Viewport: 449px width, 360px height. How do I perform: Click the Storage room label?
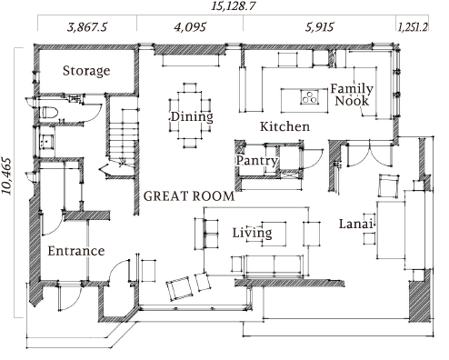pyautogui.click(x=86, y=71)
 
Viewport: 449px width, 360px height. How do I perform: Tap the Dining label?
pyautogui.click(x=192, y=116)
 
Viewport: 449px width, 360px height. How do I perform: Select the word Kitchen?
pyautogui.click(x=284, y=126)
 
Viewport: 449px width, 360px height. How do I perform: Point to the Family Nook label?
pyautogui.click(x=352, y=95)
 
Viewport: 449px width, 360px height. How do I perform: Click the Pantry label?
pyautogui.click(x=257, y=160)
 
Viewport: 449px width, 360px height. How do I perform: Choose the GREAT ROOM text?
pyautogui.click(x=189, y=196)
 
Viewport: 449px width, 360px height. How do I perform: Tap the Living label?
pyautogui.click(x=252, y=233)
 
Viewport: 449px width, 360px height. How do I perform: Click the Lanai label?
pyautogui.click(x=355, y=224)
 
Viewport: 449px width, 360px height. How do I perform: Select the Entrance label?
pyautogui.click(x=76, y=251)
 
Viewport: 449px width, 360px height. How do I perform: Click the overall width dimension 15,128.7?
pyautogui.click(x=233, y=5)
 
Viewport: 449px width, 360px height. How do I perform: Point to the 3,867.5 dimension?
pyautogui.click(x=87, y=27)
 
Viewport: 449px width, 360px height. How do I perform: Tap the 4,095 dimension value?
pyautogui.click(x=190, y=27)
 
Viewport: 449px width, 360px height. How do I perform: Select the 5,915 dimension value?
pyautogui.click(x=319, y=27)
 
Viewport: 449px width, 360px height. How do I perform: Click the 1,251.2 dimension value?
pyautogui.click(x=413, y=27)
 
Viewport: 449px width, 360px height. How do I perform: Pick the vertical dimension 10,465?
pyautogui.click(x=6, y=175)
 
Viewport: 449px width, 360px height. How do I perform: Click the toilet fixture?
pyautogui.click(x=48, y=112)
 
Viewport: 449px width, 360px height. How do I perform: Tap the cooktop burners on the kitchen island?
pyautogui.click(x=310, y=96)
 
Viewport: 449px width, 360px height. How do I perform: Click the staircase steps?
pyautogui.click(x=124, y=138)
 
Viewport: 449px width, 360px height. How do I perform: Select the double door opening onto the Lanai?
pyautogui.click(x=370, y=154)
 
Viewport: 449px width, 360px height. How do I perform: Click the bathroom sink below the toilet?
pyautogui.click(x=47, y=141)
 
